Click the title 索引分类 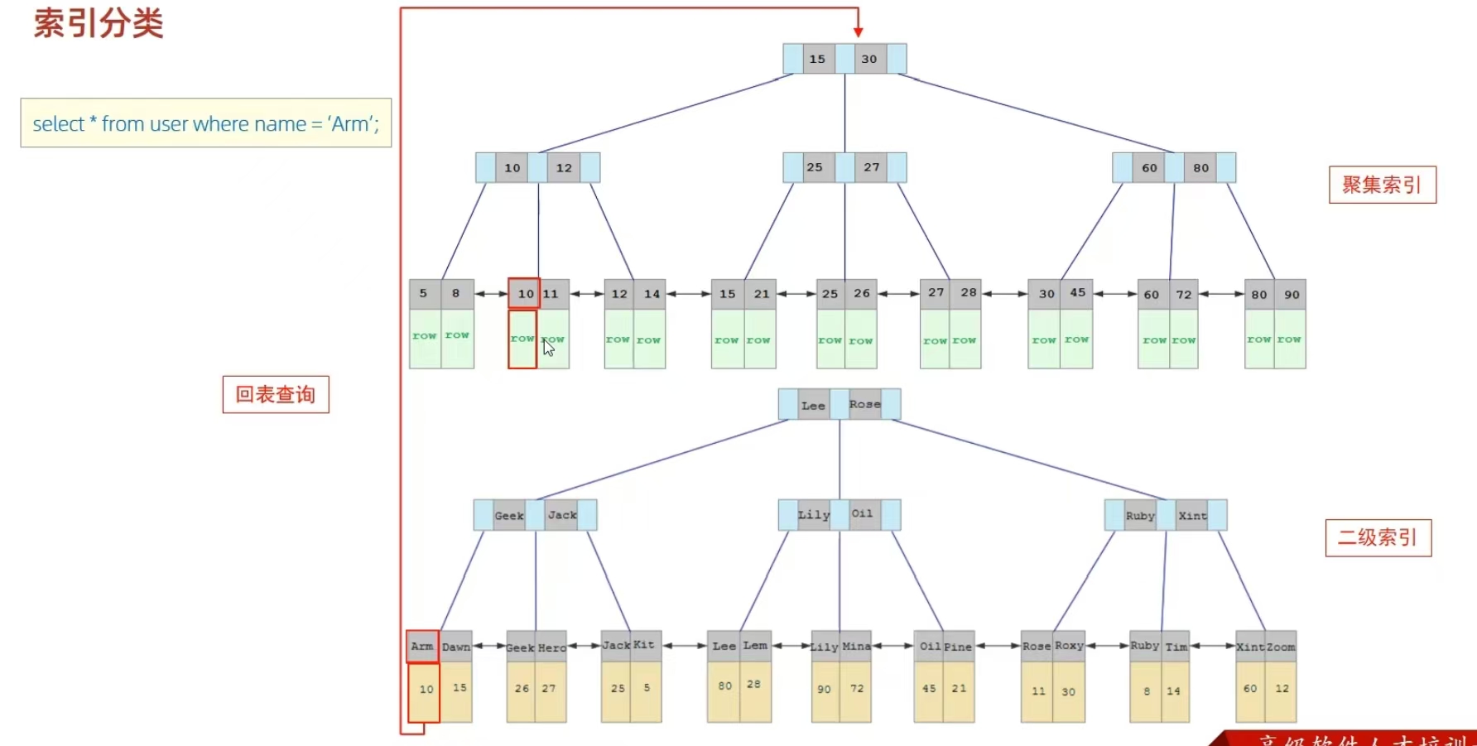click(99, 23)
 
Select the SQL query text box click(205, 123)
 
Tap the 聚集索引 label click(1382, 185)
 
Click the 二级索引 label click(1378, 537)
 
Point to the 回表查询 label click(276, 394)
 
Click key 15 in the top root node click(818, 59)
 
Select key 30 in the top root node click(869, 59)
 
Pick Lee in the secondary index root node click(813, 405)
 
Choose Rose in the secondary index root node click(865, 404)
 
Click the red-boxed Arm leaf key click(422, 646)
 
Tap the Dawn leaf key click(456, 647)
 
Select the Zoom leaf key click(1281, 647)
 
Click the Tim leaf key click(1176, 647)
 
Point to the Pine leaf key click(958, 647)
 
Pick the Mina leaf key click(856, 647)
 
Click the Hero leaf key click(552, 647)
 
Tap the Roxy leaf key click(1069, 646)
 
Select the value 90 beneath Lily click(824, 689)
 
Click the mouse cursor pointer click(548, 348)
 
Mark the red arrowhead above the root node click(859, 31)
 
